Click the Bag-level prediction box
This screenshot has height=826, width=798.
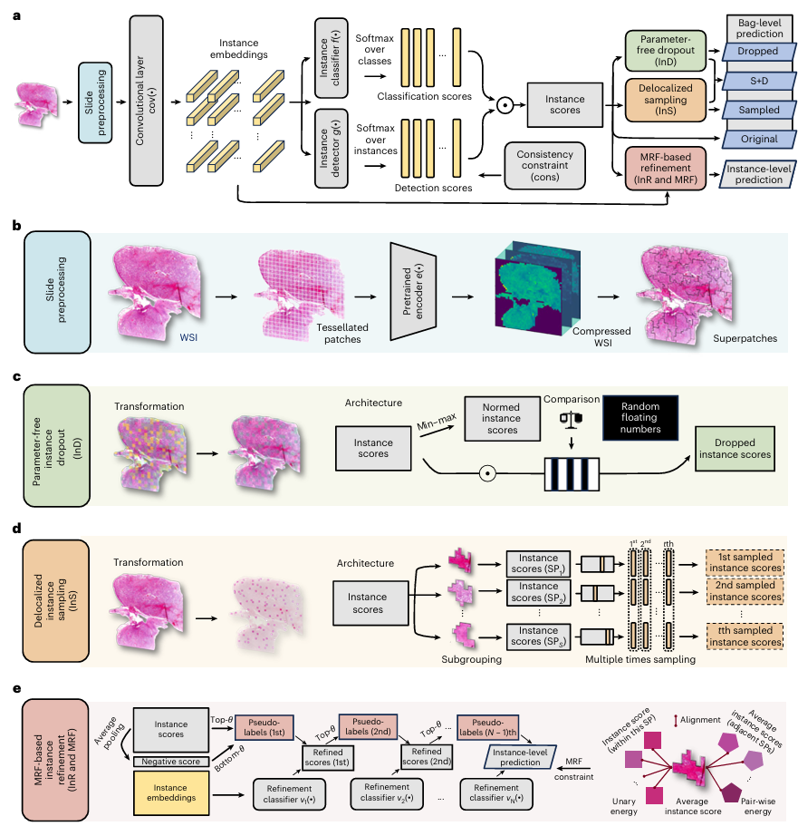748,27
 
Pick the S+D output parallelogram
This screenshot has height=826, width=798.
748,82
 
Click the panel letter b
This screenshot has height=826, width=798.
15,222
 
